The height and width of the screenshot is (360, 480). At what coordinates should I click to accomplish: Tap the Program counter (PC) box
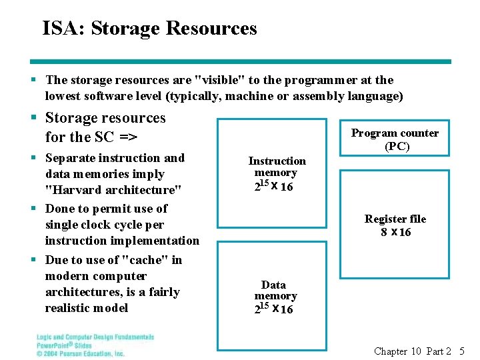pos(395,139)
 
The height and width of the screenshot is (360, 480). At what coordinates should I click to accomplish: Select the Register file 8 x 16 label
pos(395,225)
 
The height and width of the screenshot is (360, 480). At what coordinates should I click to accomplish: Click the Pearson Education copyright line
pos(80,353)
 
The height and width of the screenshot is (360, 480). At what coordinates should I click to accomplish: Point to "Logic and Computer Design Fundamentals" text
pos(95,337)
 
